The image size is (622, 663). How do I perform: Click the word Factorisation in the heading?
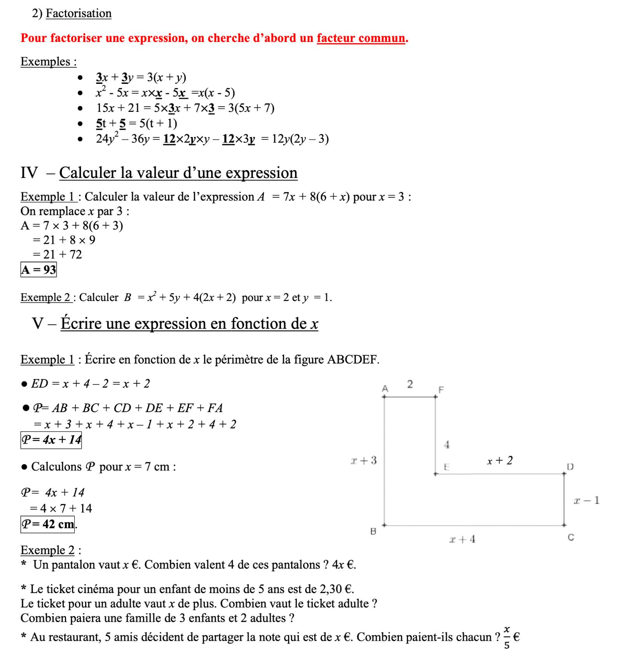(79, 13)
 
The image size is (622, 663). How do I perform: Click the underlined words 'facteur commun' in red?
(361, 38)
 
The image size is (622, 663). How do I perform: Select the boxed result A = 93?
(38, 270)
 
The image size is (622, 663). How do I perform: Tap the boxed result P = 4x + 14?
(51, 440)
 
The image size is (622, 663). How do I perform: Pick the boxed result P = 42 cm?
(47, 524)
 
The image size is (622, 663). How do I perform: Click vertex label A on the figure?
(385, 388)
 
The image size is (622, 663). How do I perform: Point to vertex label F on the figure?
(441, 390)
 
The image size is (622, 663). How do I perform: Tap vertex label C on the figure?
(571, 538)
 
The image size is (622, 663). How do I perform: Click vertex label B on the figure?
(373, 531)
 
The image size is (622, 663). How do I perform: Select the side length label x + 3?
(363, 461)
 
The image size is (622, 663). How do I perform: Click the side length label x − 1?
(587, 500)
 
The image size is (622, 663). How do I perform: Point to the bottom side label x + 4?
(462, 539)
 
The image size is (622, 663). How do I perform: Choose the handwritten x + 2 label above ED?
(500, 461)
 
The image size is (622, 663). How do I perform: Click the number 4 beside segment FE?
(447, 445)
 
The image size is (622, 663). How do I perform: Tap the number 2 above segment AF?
(410, 384)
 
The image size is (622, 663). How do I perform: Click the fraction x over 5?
(507, 637)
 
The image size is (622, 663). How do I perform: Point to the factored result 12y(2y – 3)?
(300, 139)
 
